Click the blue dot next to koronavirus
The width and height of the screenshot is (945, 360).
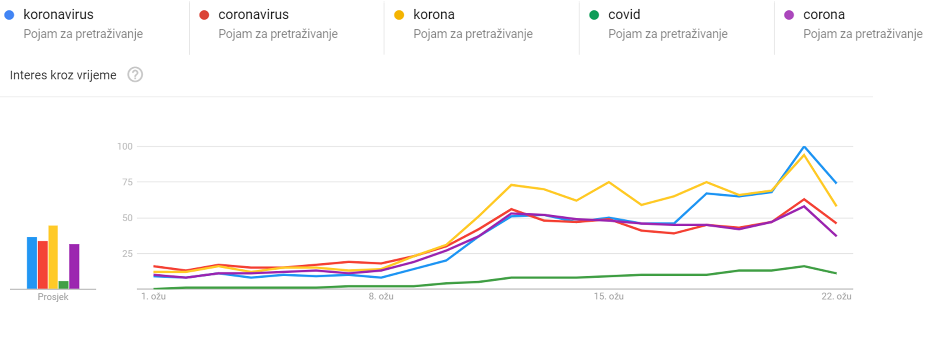(x=9, y=15)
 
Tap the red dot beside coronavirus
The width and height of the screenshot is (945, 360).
(x=204, y=15)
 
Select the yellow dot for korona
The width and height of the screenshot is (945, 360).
(x=399, y=15)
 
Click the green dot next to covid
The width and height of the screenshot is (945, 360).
(x=594, y=15)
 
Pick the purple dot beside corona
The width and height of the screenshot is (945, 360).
(x=789, y=15)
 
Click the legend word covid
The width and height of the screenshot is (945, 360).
(x=624, y=15)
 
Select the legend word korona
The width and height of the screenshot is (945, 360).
(x=434, y=15)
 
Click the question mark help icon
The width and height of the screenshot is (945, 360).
(x=135, y=75)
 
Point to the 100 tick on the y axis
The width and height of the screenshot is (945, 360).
(x=125, y=146)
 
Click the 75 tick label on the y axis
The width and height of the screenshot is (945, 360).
(x=127, y=182)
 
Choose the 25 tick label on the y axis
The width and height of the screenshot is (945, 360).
(x=127, y=254)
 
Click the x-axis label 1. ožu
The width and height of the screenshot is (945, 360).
(x=153, y=296)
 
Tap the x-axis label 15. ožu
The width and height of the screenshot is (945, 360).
(x=609, y=296)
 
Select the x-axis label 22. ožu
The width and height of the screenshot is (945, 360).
(x=836, y=296)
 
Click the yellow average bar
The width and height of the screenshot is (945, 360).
(x=53, y=257)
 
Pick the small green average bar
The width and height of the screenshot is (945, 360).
(x=64, y=285)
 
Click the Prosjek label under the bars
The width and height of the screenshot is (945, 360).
(x=53, y=297)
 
